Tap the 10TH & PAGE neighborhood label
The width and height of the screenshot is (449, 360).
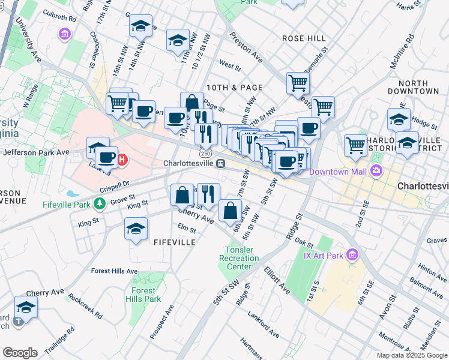tap(226, 88)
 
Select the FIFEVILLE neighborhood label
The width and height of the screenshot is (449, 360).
tap(175, 242)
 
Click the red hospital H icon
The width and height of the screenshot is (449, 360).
tap(122, 160)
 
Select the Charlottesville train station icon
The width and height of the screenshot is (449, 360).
tap(221, 163)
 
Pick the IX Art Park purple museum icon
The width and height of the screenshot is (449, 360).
tap(352, 256)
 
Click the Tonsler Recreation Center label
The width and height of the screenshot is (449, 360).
tap(243, 258)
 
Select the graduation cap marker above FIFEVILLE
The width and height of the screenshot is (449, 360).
tap(136, 229)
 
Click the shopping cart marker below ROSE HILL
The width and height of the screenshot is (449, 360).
tap(297, 83)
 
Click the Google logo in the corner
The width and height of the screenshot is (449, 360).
tap(20, 353)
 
